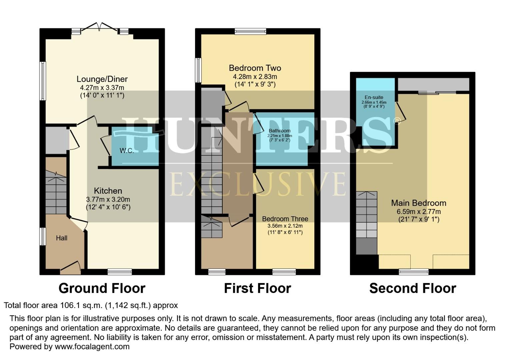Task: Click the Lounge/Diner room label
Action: tap(102, 79)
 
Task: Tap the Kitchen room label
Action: tap(108, 191)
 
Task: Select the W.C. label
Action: tap(127, 151)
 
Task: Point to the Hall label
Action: tap(62, 238)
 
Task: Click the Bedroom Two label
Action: tap(255, 68)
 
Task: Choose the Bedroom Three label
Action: tap(285, 219)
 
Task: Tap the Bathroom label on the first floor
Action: tap(279, 131)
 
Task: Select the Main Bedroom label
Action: tap(419, 203)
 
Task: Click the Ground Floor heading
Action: tap(102, 288)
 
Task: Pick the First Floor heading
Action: tap(257, 288)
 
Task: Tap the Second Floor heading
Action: tap(413, 288)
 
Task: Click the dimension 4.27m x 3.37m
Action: tap(102, 88)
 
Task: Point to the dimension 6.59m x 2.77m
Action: tap(419, 212)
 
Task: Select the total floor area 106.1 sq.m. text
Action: tap(91, 305)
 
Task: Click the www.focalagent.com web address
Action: tap(92, 347)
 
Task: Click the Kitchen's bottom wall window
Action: tap(120, 272)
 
